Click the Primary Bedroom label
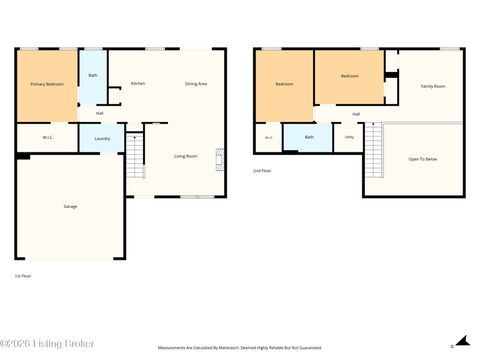click(47, 84)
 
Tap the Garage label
click(70, 206)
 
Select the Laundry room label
click(102, 139)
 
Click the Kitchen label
click(138, 83)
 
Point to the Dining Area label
click(196, 84)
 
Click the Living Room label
click(186, 156)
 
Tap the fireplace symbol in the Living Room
click(220, 160)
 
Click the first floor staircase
click(135, 155)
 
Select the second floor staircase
click(374, 150)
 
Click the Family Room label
click(433, 86)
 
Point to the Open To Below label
click(423, 159)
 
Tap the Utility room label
click(349, 137)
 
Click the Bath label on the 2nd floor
click(309, 137)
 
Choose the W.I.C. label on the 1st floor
click(48, 137)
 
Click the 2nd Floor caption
click(262, 171)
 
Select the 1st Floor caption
click(23, 276)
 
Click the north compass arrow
click(463, 341)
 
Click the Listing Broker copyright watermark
click(47, 344)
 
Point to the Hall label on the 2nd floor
click(356, 114)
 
